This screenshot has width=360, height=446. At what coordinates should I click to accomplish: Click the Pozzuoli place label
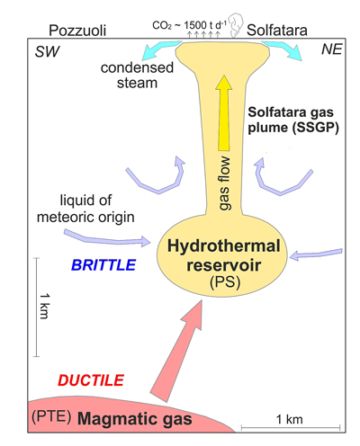[77, 31]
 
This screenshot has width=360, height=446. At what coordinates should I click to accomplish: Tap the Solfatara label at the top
[276, 31]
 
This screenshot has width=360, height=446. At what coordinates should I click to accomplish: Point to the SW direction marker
[47, 51]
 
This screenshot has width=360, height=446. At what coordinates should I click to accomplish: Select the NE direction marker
[331, 49]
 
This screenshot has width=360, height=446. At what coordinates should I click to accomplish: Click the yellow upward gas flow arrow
[224, 113]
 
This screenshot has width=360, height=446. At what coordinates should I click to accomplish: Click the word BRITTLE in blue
[103, 265]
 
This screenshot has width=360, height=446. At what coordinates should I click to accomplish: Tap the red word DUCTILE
[91, 380]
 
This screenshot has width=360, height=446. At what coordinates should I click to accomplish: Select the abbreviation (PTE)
[51, 416]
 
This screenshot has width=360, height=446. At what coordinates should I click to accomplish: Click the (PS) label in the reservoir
[225, 282]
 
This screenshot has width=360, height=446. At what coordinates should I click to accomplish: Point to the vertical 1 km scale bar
[37, 307]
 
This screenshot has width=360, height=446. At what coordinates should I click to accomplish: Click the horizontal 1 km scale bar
[291, 427]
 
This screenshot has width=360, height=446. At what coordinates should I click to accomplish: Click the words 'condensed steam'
[137, 76]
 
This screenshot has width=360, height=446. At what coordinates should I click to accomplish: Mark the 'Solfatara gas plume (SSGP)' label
[293, 120]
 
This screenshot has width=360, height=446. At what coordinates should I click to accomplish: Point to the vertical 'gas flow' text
[225, 183]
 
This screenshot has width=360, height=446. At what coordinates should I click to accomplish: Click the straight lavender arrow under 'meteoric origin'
[107, 238]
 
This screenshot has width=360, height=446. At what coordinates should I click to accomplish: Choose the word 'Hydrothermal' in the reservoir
[224, 246]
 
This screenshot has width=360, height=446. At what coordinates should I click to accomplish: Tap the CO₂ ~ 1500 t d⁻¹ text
[189, 25]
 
